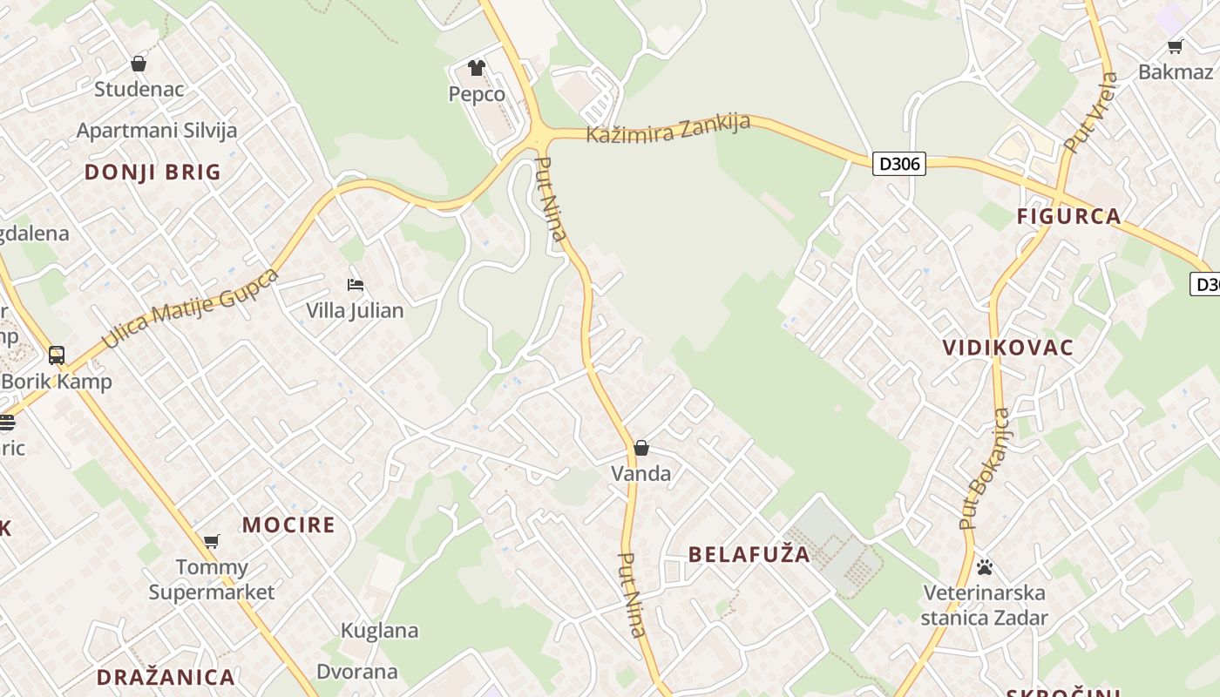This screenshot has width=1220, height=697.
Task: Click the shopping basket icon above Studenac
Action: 139,64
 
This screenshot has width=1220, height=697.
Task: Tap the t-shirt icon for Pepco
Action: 476,67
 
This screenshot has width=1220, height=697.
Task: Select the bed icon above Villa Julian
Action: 355,284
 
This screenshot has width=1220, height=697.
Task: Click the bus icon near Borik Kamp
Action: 57,355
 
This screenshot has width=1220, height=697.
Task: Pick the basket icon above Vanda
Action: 641,448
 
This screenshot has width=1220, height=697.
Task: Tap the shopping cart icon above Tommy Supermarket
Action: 211,541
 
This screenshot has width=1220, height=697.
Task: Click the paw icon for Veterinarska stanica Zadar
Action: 985,567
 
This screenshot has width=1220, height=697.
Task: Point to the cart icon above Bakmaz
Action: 1175,47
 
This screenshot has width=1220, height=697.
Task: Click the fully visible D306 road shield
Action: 898,163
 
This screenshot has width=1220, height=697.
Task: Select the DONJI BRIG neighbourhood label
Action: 152,172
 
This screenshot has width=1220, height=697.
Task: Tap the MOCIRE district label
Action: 288,524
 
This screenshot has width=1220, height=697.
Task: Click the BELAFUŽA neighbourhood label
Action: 749,554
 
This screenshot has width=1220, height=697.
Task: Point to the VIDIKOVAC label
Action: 1007,348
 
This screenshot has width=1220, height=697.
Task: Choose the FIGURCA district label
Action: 1068,216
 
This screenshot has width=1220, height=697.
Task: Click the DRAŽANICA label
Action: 166,677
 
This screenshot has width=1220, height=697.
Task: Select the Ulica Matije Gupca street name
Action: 190,308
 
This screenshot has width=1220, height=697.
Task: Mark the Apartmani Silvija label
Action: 157,131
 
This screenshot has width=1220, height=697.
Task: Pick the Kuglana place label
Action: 379,630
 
